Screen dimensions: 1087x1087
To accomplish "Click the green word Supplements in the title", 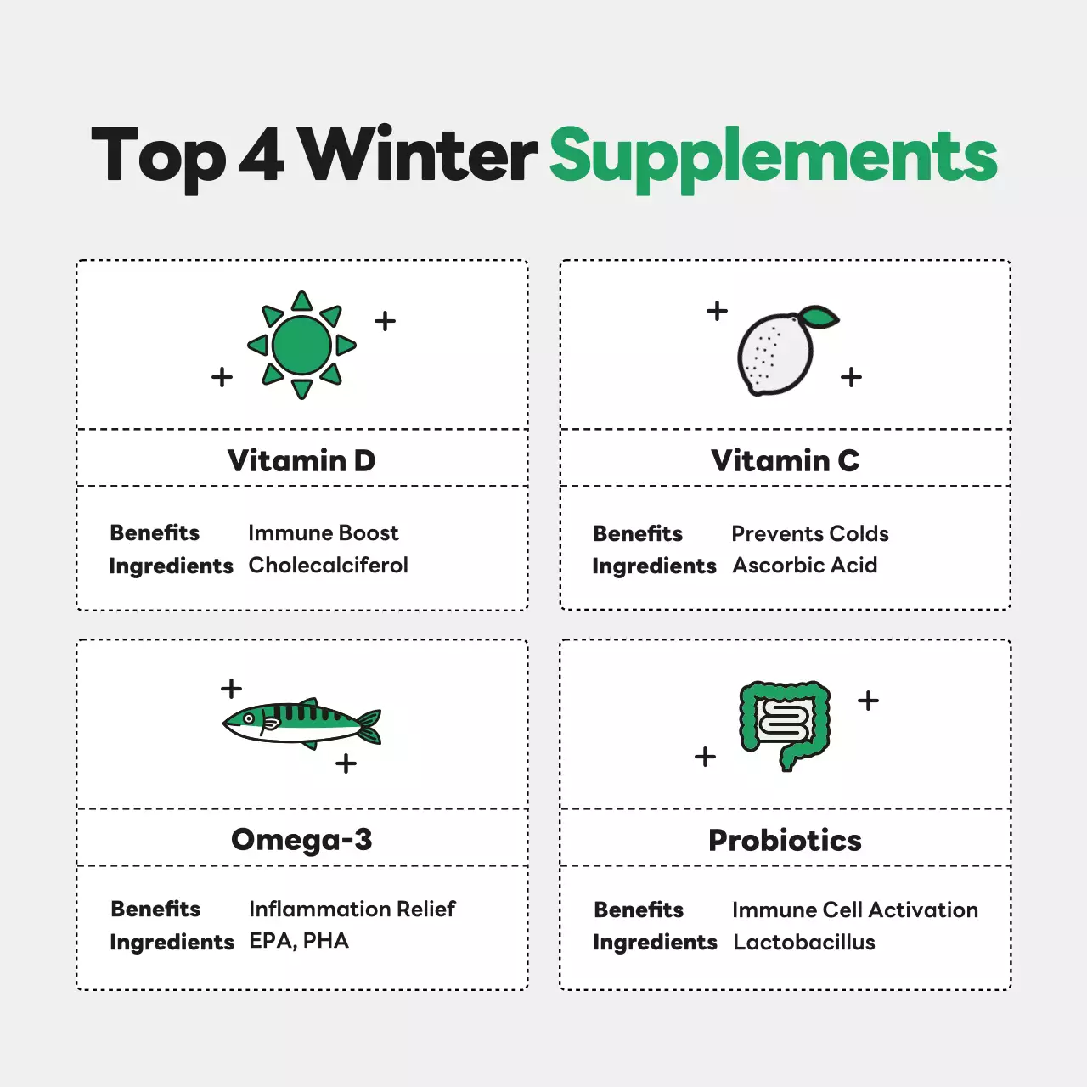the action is (x=774, y=159).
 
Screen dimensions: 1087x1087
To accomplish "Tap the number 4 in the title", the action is (x=262, y=154).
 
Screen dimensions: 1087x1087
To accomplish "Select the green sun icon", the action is (x=301, y=346).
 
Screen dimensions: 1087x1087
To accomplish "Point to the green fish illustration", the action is (x=301, y=724).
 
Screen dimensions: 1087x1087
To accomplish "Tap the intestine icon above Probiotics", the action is (x=785, y=725).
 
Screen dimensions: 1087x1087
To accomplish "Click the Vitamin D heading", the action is (x=301, y=460).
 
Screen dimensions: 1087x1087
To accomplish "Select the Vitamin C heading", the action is (x=786, y=460).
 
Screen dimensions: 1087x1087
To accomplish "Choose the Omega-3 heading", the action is (x=301, y=839).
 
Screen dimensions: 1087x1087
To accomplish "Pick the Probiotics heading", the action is (x=786, y=840).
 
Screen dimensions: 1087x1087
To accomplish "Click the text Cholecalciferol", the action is (x=329, y=566).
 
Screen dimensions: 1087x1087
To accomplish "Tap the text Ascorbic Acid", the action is (x=805, y=566).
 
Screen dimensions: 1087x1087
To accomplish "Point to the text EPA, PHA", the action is (x=299, y=941).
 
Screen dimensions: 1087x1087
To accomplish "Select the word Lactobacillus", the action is (x=804, y=942).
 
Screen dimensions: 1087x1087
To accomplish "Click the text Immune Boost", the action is (x=324, y=533).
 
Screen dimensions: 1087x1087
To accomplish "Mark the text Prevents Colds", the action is (x=810, y=533).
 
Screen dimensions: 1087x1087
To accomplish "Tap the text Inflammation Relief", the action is (x=352, y=910).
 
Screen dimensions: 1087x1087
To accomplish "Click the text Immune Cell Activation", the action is (x=855, y=910).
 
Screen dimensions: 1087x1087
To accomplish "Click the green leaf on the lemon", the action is (x=819, y=317).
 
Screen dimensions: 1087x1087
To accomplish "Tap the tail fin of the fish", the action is (x=370, y=727).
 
